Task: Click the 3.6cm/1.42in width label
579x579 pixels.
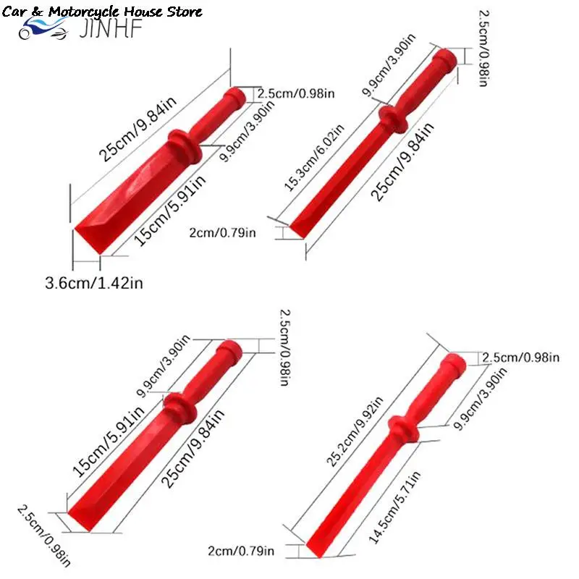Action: [x=94, y=283]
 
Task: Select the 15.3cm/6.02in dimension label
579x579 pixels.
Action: [x=314, y=158]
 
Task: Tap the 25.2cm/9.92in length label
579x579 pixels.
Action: [x=355, y=431]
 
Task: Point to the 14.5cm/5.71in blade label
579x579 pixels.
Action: [x=394, y=507]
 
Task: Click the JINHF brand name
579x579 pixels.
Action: [x=111, y=29]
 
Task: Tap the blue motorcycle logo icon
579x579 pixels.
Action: [x=43, y=28]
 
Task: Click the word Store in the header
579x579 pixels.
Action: [x=185, y=12]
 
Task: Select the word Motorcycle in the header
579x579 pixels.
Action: [x=85, y=12]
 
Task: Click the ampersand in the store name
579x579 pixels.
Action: [x=38, y=12]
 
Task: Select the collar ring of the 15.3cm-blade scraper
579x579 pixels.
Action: [x=394, y=119]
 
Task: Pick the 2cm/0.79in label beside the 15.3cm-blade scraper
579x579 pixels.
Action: [x=222, y=232]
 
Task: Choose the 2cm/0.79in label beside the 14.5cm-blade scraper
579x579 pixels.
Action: [x=241, y=551]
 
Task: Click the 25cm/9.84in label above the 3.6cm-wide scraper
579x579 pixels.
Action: [x=138, y=130]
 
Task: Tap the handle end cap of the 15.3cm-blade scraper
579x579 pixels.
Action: [x=446, y=60]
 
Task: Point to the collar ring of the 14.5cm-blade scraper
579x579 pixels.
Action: [x=404, y=430]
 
